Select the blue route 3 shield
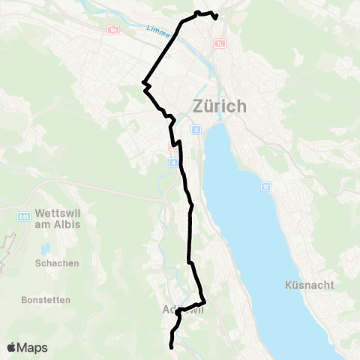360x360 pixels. (196, 130)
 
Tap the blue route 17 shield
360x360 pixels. (265, 184)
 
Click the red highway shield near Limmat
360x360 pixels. (112, 30)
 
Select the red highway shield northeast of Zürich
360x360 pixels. (219, 43)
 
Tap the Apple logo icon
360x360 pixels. (13, 347)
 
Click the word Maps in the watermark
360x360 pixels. (33, 347)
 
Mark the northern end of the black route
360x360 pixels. (216, 17)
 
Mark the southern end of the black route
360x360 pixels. (172, 347)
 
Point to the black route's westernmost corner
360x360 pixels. (142, 82)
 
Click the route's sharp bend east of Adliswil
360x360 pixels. (204, 301)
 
